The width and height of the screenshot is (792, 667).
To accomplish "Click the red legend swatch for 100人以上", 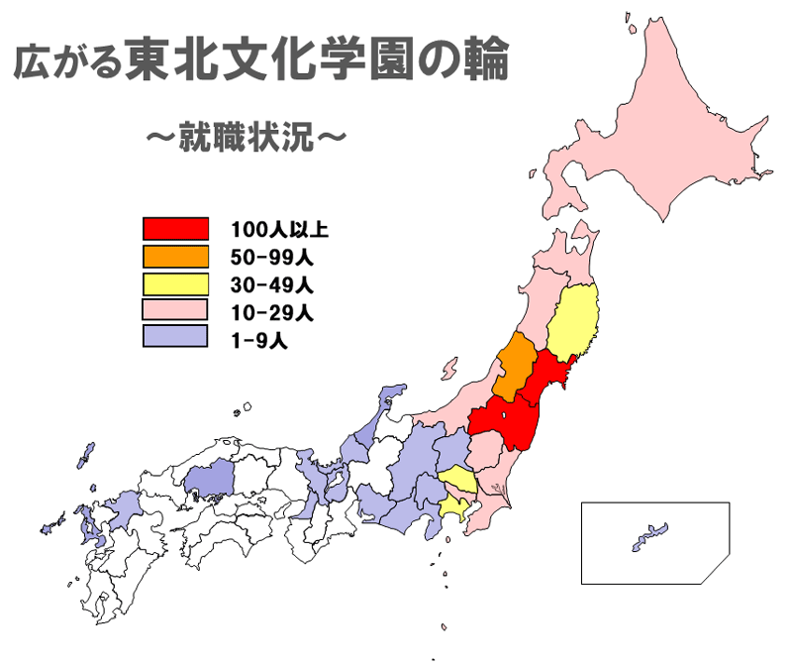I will click(x=175, y=229).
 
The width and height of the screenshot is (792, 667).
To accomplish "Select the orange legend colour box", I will click(x=175, y=256).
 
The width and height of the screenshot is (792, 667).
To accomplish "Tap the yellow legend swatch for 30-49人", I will click(x=175, y=283).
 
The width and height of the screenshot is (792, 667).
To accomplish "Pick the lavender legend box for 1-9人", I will click(x=175, y=337).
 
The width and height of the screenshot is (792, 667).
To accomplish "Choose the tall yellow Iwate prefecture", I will click(x=574, y=322).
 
